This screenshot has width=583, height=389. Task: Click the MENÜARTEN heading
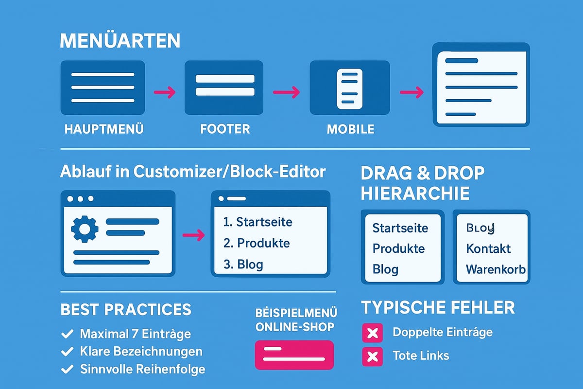(x=120, y=41)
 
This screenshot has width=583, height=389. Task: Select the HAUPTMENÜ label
(x=104, y=129)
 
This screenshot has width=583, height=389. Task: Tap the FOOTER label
(x=224, y=129)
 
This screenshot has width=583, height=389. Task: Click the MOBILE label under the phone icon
(x=350, y=129)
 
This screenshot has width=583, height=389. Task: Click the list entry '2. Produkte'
(x=256, y=243)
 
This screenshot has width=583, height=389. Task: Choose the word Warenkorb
(x=496, y=269)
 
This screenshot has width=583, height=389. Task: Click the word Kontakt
(x=488, y=248)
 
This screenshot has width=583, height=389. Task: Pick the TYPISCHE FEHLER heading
(x=438, y=308)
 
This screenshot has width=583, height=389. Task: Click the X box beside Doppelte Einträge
(x=372, y=333)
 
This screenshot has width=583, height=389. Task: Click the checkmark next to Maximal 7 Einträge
(x=66, y=334)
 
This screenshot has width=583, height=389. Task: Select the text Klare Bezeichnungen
(x=141, y=351)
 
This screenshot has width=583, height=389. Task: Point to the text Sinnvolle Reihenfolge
(x=142, y=369)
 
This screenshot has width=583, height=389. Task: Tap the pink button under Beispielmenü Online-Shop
(x=294, y=354)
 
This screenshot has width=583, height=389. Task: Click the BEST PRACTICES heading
(x=126, y=310)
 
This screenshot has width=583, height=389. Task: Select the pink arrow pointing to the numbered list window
(x=193, y=235)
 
